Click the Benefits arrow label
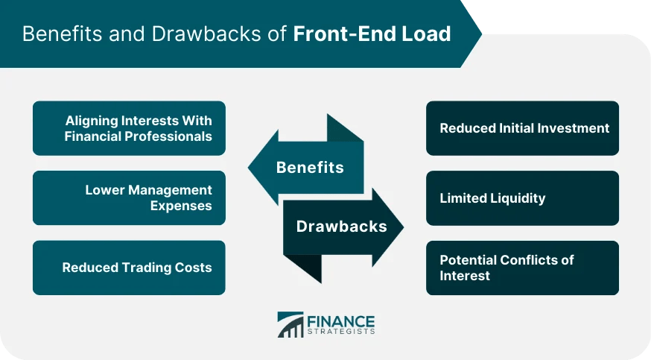coord(310,168)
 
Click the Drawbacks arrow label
coord(342,226)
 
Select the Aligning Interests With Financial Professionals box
coord(129,128)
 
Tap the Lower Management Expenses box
coord(129,198)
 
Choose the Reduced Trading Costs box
coord(129,268)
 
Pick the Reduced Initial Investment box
coord(522,128)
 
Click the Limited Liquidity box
coord(522,198)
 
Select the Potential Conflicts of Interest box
coord(522,268)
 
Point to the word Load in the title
coord(428,34)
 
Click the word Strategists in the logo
coord(340,332)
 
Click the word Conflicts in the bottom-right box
coord(530,260)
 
